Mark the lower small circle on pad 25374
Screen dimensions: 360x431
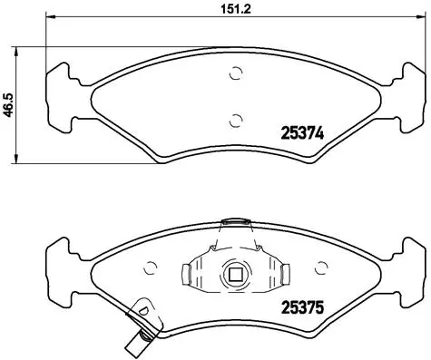236,119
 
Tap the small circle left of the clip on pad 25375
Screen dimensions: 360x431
152,269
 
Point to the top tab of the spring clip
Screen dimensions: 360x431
236,219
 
